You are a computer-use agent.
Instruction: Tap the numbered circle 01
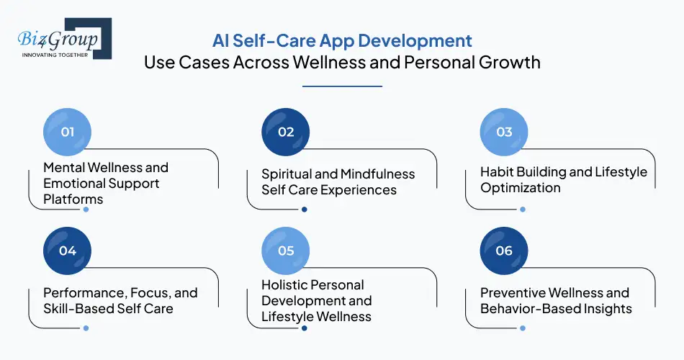(x=68, y=132)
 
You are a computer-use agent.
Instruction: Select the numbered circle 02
(x=286, y=132)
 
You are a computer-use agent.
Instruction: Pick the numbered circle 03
(x=504, y=132)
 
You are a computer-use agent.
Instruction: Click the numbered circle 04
(x=68, y=251)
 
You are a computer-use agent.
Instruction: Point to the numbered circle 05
(x=286, y=251)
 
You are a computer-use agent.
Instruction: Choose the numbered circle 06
(x=504, y=251)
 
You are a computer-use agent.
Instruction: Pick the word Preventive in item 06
(x=513, y=293)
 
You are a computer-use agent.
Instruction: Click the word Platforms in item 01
(x=73, y=199)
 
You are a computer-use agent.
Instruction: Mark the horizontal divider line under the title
(x=342, y=86)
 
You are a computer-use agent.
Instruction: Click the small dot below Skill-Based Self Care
(x=86, y=328)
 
